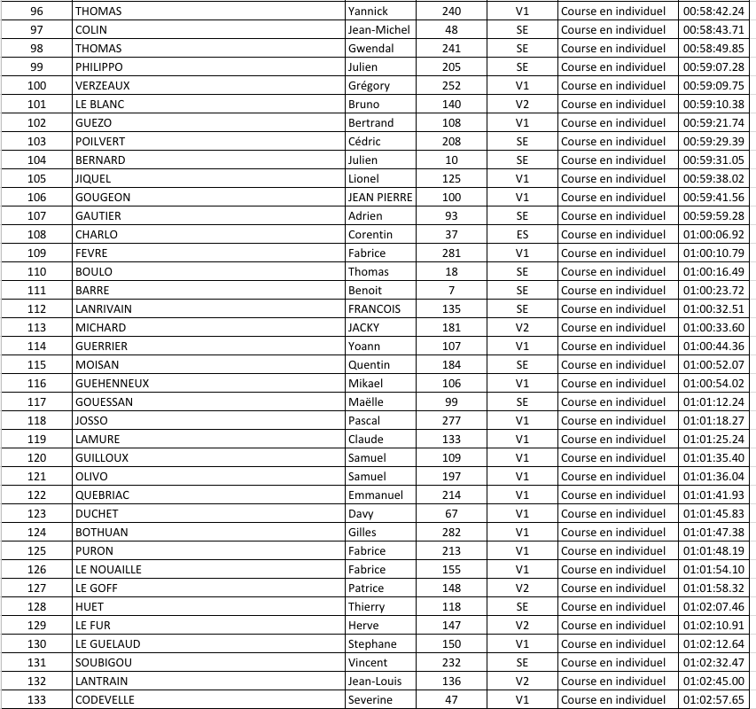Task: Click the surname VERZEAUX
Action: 103,86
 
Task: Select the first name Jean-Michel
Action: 378,30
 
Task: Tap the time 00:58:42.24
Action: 713,12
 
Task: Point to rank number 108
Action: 36,235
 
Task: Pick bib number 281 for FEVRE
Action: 451,253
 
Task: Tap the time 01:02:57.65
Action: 713,700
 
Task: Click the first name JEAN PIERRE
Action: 380,198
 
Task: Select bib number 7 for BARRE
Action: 451,291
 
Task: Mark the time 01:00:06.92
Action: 713,235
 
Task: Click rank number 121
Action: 36,477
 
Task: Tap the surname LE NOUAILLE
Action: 108,570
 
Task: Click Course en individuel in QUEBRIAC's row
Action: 612,495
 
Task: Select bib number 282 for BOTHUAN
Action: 451,533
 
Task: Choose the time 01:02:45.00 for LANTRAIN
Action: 713,682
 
